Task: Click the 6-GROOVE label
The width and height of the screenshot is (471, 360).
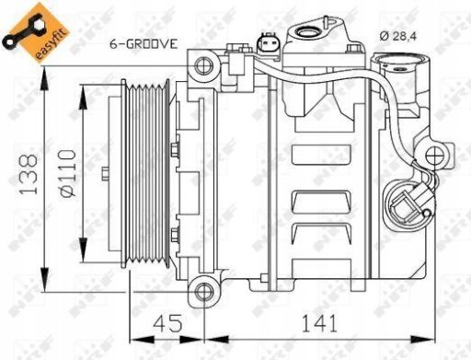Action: (x=144, y=44)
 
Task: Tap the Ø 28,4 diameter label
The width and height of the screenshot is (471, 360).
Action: (x=398, y=36)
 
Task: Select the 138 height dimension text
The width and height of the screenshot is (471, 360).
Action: (x=29, y=174)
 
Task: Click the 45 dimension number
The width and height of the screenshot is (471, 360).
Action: (x=167, y=323)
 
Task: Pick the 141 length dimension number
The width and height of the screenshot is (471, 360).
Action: (x=319, y=323)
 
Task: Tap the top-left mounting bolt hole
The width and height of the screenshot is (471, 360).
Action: (x=204, y=65)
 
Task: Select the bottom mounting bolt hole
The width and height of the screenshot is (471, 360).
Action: (x=204, y=291)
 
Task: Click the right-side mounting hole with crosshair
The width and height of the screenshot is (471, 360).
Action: (x=435, y=156)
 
